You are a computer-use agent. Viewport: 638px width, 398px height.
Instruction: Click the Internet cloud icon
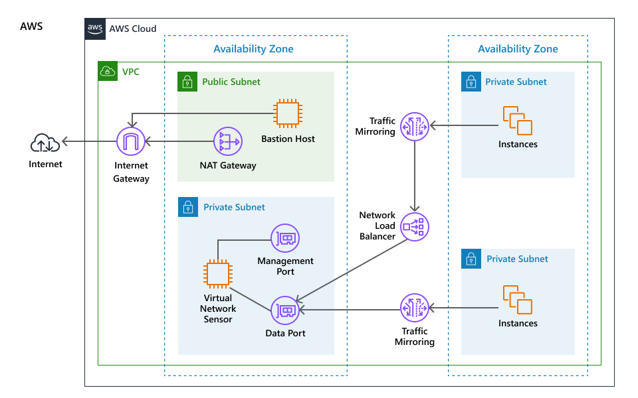[45, 143]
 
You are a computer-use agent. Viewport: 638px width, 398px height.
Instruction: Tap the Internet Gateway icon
[131, 141]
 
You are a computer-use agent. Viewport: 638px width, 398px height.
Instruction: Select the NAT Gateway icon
[227, 141]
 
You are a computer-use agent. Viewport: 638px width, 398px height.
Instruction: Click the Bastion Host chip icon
[288, 113]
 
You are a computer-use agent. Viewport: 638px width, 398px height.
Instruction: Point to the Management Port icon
[285, 238]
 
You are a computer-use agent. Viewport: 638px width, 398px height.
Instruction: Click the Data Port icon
[285, 310]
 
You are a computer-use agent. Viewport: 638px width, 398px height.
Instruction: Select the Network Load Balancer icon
[415, 227]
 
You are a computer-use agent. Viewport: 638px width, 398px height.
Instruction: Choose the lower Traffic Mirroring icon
[415, 308]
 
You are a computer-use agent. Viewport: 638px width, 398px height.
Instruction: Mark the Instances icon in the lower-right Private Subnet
[518, 299]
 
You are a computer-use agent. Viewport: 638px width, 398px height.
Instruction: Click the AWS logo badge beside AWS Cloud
[95, 29]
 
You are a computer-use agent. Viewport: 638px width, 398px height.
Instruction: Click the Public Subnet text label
[231, 82]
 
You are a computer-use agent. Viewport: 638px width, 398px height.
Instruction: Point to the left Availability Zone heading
[253, 49]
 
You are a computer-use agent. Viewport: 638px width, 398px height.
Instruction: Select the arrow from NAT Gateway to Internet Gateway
[179, 141]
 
